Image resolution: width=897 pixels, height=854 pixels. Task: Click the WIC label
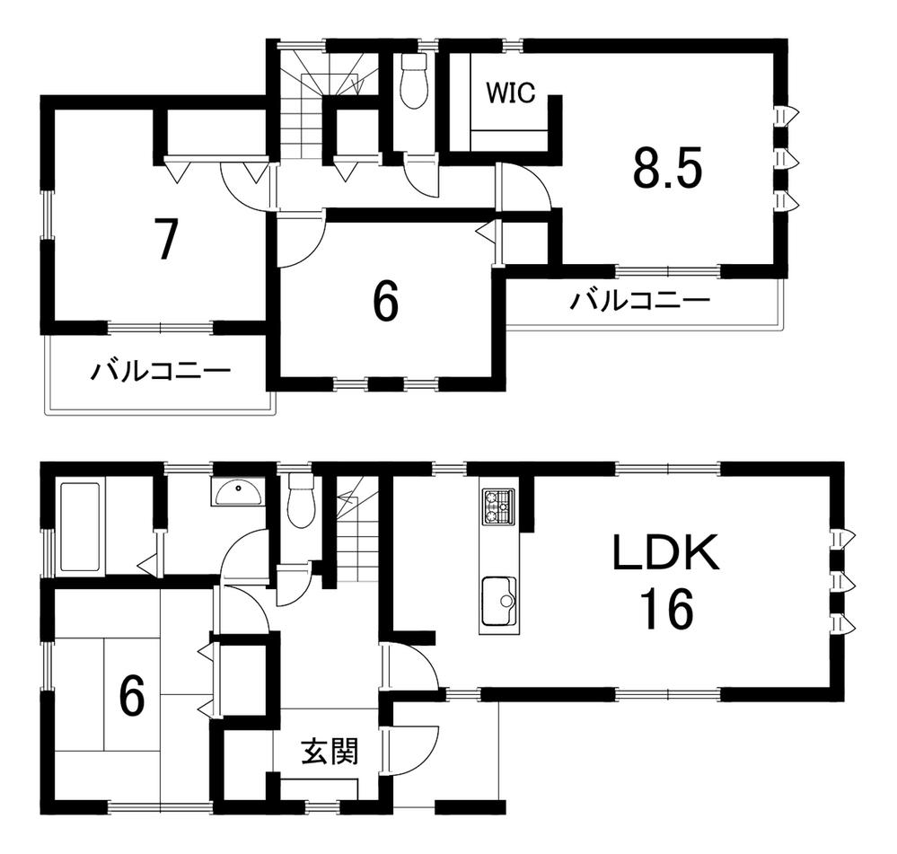click(x=511, y=92)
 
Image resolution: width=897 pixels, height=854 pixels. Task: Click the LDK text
click(x=665, y=552)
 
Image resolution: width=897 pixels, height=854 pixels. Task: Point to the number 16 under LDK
click(x=667, y=609)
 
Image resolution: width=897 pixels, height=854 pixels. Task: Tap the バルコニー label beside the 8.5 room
click(x=639, y=301)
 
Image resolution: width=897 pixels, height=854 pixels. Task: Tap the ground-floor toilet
click(x=302, y=500)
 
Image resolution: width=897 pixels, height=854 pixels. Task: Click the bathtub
click(x=81, y=526)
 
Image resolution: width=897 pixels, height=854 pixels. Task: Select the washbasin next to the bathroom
click(x=237, y=492)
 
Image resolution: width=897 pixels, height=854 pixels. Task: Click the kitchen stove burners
click(x=499, y=506)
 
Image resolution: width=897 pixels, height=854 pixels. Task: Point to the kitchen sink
click(x=499, y=601)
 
